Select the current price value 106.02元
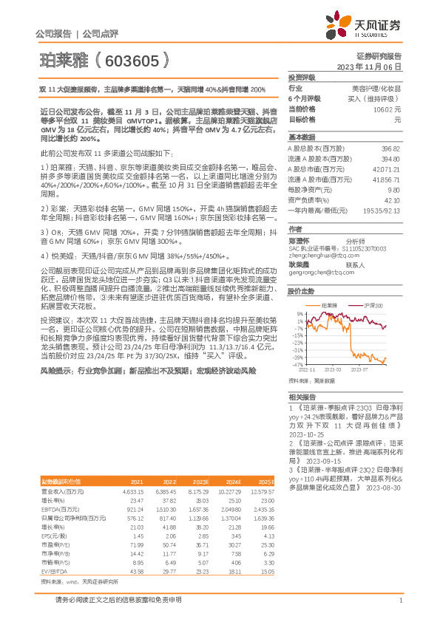tap(392, 109)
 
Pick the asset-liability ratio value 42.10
tap(391, 200)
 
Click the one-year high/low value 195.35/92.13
tap(385, 211)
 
